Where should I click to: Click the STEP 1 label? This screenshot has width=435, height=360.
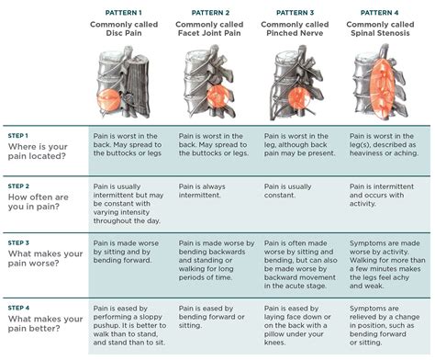tap(18, 134)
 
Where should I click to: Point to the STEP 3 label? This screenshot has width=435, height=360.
tap(18, 242)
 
